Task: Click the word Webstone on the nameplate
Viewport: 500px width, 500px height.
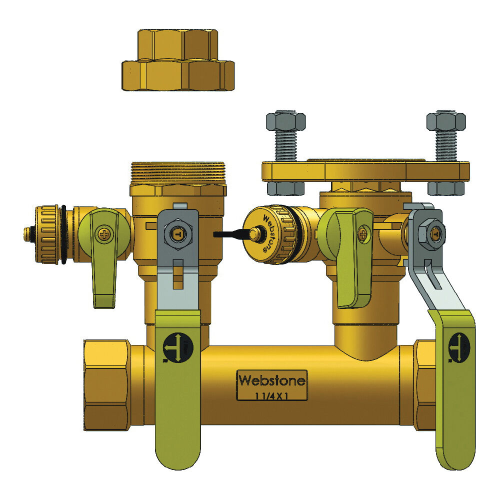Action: (x=272, y=380)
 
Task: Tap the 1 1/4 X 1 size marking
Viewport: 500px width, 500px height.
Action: (x=272, y=394)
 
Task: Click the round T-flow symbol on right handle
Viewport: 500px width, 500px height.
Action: (x=457, y=345)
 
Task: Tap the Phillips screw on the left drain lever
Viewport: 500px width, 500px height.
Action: (x=104, y=233)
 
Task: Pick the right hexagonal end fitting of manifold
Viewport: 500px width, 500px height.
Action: (x=425, y=385)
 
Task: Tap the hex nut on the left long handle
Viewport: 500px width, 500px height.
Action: (x=178, y=233)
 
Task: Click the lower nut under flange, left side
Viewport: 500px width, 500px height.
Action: (x=286, y=188)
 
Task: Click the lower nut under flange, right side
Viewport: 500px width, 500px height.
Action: (x=446, y=188)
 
